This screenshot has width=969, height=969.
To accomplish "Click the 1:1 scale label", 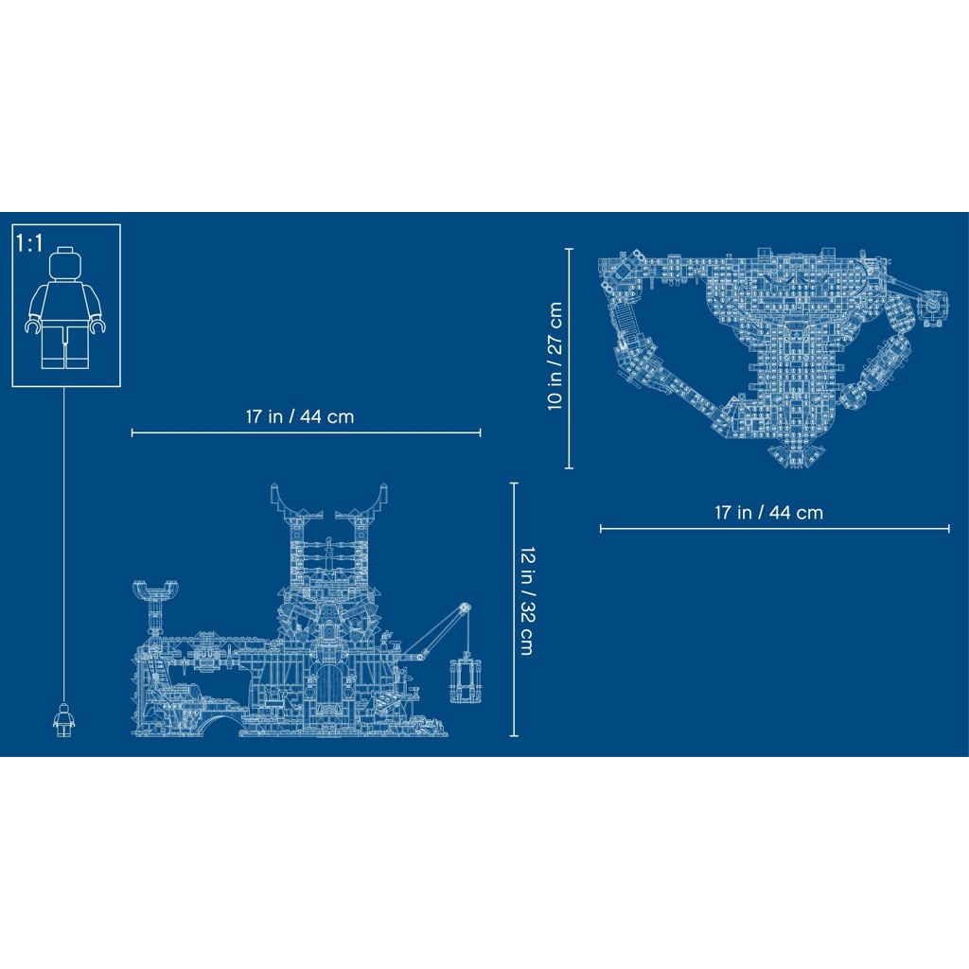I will click(x=30, y=243).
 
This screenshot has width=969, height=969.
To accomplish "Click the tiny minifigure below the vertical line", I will click(x=63, y=719).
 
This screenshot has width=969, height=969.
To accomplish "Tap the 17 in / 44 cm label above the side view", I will click(x=299, y=416).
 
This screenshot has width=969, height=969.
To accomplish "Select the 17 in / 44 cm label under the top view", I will click(x=768, y=513).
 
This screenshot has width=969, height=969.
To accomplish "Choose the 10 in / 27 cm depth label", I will click(x=555, y=356).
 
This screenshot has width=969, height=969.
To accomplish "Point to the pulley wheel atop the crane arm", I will click(x=464, y=609).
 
